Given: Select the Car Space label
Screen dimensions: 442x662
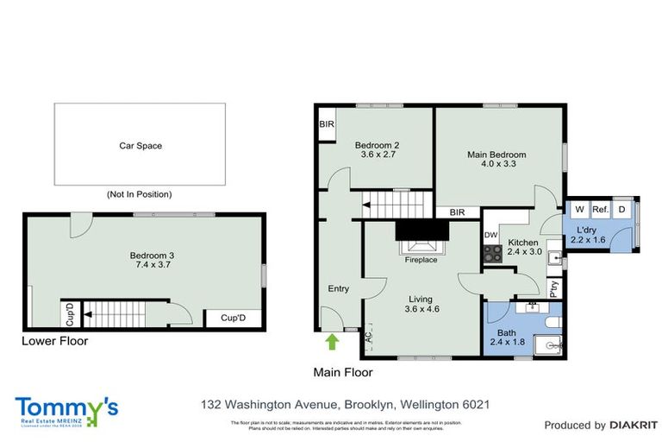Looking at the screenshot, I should [x=141, y=146].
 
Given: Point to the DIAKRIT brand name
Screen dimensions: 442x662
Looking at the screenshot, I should [x=633, y=426].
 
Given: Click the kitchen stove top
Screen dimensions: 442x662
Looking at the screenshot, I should [x=492, y=253].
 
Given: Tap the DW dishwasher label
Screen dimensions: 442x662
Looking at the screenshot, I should [x=490, y=235].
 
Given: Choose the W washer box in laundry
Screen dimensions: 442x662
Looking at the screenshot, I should [x=579, y=210].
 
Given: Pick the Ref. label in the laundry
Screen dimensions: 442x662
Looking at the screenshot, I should [x=600, y=210].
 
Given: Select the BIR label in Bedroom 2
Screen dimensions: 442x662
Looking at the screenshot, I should [x=327, y=124].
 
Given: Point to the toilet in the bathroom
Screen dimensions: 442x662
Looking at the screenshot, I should [x=553, y=322].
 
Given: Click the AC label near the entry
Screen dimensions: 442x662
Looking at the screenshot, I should [x=368, y=339].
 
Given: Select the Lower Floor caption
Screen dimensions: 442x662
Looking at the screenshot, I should [x=54, y=341].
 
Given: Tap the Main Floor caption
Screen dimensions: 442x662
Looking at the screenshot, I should [x=343, y=372].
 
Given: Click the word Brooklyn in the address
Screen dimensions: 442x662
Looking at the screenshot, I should [x=367, y=404].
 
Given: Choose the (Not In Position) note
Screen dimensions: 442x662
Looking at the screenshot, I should [x=139, y=194].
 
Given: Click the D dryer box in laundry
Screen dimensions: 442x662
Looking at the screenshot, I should [x=623, y=210].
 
